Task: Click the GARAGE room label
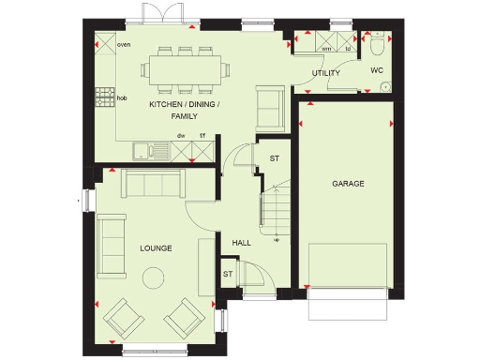tap(348, 184)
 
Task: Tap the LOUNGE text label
tap(156, 248)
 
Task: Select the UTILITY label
tap(326, 73)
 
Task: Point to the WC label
tap(377, 70)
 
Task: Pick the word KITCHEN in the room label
tap(167, 105)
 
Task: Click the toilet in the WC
tap(377, 43)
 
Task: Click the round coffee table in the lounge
tap(151, 277)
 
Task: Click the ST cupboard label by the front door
tap(228, 274)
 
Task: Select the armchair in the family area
tap(268, 106)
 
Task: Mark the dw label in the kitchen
tap(182, 136)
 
